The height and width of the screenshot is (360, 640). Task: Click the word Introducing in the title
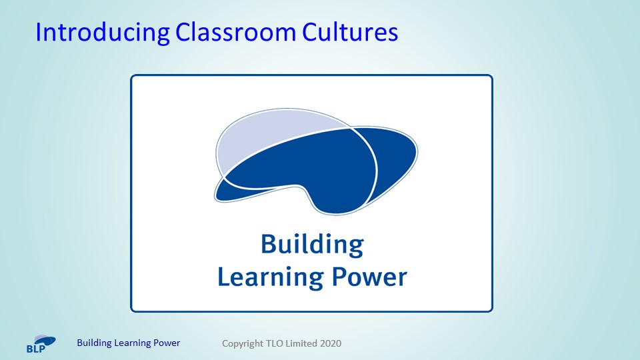[x=103, y=32]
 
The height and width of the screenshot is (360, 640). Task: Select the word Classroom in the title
[x=235, y=32]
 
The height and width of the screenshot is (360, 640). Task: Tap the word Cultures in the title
[x=350, y=32]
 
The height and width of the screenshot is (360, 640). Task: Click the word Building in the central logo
[x=312, y=245]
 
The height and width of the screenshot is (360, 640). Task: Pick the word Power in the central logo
[x=369, y=277]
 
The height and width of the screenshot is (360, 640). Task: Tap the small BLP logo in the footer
[x=41, y=344]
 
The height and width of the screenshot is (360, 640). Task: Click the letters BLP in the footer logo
[x=36, y=349]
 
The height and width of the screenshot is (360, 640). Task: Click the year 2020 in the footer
[x=331, y=344]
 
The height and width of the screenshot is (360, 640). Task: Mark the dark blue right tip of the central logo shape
[x=415, y=152]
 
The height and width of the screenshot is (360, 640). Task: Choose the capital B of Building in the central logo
[x=268, y=243]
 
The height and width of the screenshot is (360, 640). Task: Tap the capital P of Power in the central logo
[x=339, y=277]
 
